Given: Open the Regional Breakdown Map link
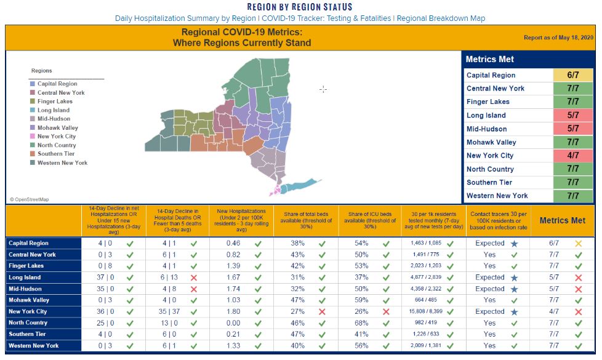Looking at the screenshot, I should (x=441, y=18).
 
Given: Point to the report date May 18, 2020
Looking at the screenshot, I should (x=558, y=38).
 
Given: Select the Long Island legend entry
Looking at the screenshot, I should (x=53, y=110).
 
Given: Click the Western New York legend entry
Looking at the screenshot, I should (x=62, y=163).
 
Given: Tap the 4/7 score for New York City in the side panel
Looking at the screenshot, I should (x=572, y=156).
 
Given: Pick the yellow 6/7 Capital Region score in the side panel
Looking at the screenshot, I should (x=572, y=75).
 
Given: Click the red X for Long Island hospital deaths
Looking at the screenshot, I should (x=194, y=278).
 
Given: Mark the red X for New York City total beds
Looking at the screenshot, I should (x=321, y=311).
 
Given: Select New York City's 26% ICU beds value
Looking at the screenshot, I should (x=361, y=311).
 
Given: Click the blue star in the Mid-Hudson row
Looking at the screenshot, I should (x=514, y=289).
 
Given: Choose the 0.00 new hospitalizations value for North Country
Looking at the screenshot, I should (x=233, y=322).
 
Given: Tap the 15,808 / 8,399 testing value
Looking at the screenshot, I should (x=426, y=311).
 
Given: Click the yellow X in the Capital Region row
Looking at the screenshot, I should (x=578, y=243).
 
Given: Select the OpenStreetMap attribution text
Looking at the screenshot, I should (x=29, y=199).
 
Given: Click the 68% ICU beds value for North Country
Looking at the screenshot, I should (x=361, y=322).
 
